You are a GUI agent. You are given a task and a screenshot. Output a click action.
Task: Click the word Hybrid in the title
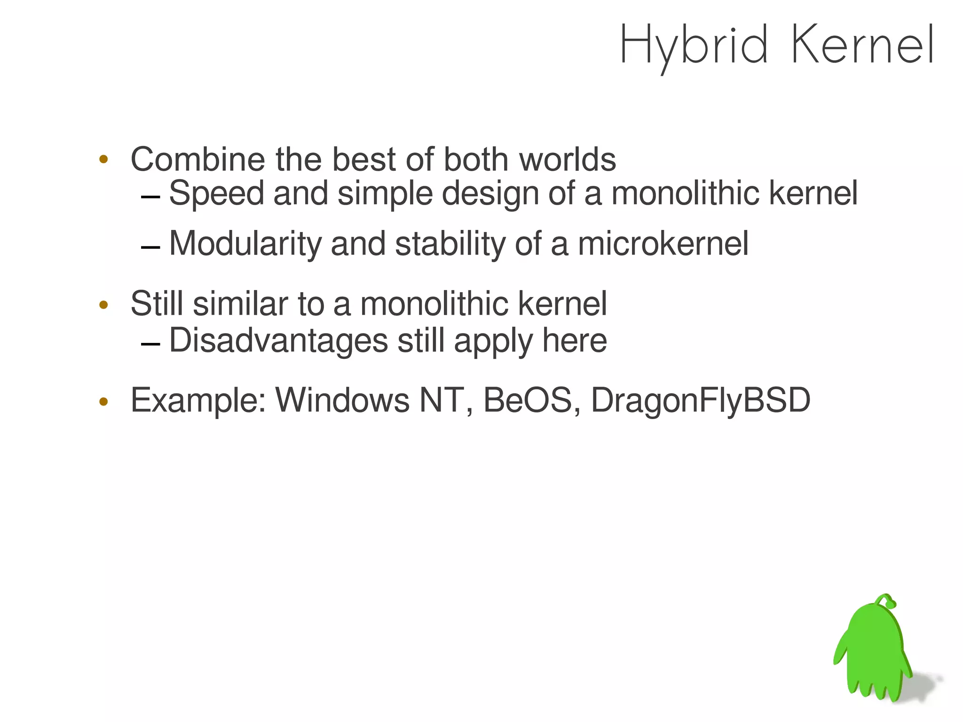[x=694, y=46]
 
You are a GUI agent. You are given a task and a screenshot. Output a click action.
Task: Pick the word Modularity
[x=245, y=244]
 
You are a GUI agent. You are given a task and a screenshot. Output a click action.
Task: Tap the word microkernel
[x=663, y=244]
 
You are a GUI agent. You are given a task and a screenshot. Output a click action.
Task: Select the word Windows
[x=342, y=400]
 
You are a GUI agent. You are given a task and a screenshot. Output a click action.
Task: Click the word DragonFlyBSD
[x=701, y=401]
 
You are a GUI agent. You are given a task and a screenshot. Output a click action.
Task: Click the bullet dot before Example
[x=104, y=402]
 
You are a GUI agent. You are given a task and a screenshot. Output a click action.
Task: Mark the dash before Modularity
[x=150, y=247]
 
